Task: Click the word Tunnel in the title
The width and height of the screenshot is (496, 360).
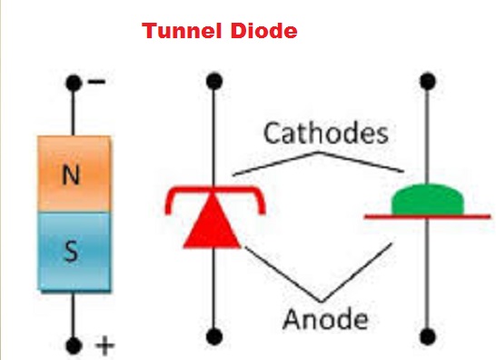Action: (x=178, y=32)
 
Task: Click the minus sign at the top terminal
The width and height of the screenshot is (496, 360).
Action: (x=96, y=82)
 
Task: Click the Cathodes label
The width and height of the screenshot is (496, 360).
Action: (x=325, y=135)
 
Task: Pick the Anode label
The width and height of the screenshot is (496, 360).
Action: (x=325, y=319)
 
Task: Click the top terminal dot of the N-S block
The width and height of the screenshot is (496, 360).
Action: (x=74, y=85)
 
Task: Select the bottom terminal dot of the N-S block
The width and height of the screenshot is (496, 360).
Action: (x=74, y=345)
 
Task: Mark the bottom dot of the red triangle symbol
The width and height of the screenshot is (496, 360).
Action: (x=213, y=334)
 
